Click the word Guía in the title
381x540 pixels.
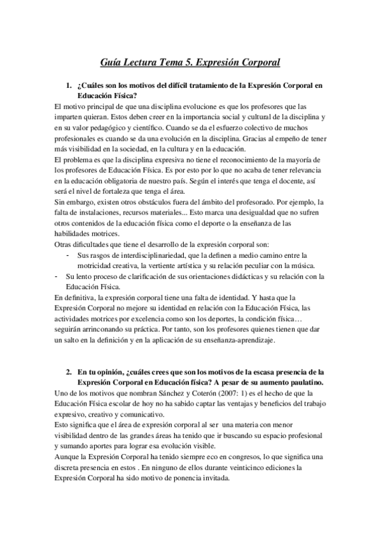[113, 62]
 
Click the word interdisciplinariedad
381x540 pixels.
[144, 255]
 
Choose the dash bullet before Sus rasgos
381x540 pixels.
[69, 255]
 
